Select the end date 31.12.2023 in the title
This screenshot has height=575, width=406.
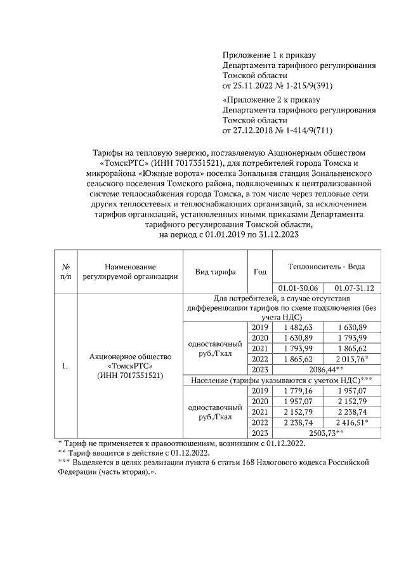(272, 234)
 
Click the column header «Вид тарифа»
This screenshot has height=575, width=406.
(215, 271)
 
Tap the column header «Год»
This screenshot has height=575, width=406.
(259, 271)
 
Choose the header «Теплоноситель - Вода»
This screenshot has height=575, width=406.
(326, 266)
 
